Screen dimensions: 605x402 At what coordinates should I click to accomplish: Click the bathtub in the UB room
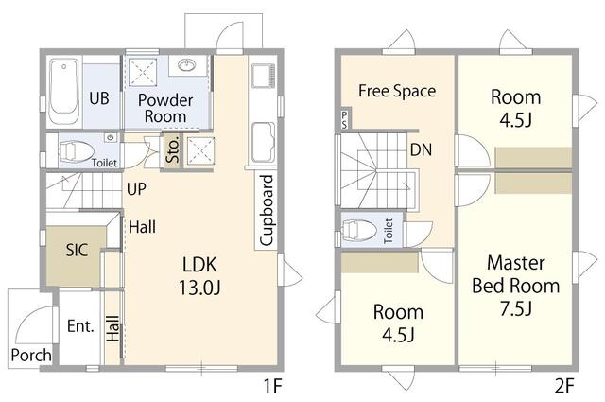[64, 91]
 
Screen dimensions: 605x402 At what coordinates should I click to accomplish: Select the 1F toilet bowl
[76, 151]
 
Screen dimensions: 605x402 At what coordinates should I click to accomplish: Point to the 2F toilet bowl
[359, 230]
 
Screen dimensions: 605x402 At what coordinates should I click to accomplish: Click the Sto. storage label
[172, 149]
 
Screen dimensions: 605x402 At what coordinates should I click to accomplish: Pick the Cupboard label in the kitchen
[267, 210]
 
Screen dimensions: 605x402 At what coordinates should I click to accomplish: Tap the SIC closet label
[77, 250]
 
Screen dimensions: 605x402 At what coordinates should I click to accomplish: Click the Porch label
[31, 355]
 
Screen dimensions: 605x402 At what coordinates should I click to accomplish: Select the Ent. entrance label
[80, 326]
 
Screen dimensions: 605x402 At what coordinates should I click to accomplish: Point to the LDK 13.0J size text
[199, 288]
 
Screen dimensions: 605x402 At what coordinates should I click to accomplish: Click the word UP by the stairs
[136, 189]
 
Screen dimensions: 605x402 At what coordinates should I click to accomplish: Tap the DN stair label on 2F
[421, 149]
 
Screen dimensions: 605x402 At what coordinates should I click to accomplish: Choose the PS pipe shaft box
[344, 118]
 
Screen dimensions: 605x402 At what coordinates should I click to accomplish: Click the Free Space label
[397, 91]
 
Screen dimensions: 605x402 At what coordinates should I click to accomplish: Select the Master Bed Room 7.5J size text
[516, 308]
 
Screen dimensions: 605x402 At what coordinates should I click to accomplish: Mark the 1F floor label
[273, 385]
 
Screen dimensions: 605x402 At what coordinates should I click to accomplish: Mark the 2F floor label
[564, 385]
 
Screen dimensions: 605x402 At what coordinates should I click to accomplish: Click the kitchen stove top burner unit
[264, 76]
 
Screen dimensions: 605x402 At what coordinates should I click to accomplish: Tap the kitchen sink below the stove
[263, 143]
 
